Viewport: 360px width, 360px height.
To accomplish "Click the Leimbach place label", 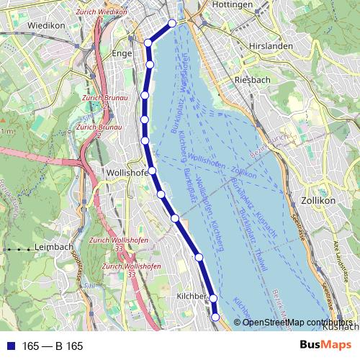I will coord(54,247).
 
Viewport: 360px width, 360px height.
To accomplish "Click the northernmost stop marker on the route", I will coord(172,24).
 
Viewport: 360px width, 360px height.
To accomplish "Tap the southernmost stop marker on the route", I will coord(216,316).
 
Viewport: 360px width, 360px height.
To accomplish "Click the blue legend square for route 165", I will coord(12,346).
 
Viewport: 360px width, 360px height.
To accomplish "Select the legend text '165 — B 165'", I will coord(53,346).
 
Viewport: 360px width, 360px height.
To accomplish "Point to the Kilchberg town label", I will coord(192,297).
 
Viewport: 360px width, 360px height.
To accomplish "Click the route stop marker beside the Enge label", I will coord(150,65).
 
